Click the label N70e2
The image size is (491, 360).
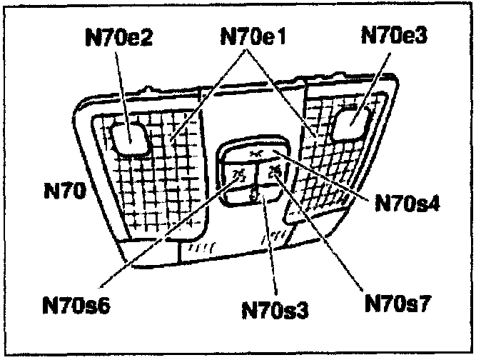click(117, 37)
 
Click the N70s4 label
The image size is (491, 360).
click(403, 202)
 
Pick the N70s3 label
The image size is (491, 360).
click(275, 311)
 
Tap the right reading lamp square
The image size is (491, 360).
click(352, 119)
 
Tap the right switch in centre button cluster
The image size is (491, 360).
click(274, 172)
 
